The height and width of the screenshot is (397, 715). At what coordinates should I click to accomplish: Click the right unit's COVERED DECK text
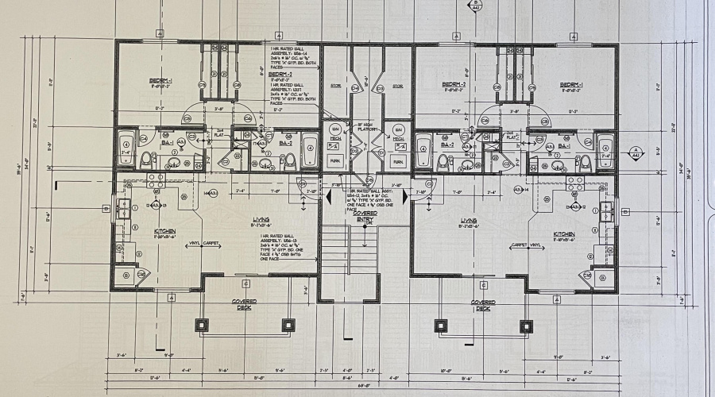482,305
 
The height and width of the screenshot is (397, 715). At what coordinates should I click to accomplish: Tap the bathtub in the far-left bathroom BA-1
126,148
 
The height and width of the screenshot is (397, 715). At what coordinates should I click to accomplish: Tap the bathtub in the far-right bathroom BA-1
605,148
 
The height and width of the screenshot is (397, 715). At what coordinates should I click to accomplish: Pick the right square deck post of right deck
526,325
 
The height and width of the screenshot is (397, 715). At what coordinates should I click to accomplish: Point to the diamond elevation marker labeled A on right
635,152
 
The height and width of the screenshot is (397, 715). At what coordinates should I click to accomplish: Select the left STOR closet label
336,85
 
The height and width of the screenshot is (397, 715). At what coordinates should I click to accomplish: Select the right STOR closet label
397,85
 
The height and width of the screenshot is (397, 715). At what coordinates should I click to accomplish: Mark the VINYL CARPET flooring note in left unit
203,245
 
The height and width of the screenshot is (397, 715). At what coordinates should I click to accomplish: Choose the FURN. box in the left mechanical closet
335,160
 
